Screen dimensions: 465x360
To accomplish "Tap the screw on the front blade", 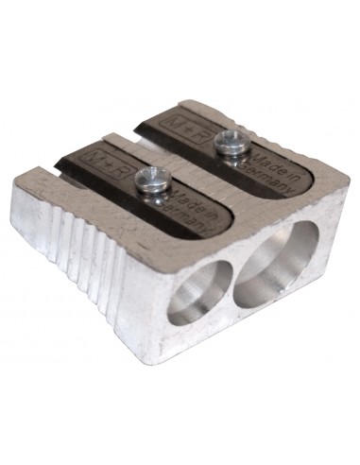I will pos(152,180).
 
